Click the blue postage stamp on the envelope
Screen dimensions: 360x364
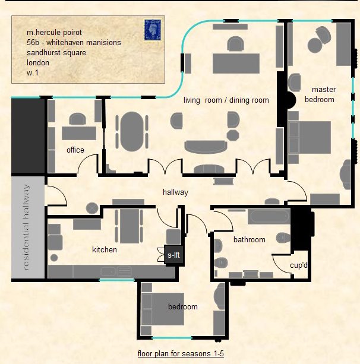click(152, 30)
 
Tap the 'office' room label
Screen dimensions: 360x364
click(75, 150)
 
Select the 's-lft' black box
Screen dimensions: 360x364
click(173, 255)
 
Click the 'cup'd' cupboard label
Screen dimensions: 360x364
click(299, 265)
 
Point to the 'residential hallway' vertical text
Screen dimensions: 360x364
click(26, 227)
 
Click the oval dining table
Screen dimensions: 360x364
click(132, 132)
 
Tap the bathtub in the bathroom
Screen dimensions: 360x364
click(269, 217)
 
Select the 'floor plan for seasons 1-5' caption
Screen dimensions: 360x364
click(181, 353)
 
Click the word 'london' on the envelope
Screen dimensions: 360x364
click(38, 63)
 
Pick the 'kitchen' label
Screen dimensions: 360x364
click(105, 250)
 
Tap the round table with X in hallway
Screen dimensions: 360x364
click(92, 208)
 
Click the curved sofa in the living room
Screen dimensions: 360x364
click(206, 147)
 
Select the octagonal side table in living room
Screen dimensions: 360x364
click(233, 135)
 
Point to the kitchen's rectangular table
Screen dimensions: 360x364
click(130, 226)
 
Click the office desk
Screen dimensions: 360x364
click(79, 133)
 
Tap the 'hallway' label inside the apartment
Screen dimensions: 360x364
click(175, 192)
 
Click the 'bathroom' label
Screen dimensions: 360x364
click(250, 239)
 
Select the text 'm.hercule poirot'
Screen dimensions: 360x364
click(54, 33)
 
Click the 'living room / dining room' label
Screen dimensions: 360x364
click(226, 100)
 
